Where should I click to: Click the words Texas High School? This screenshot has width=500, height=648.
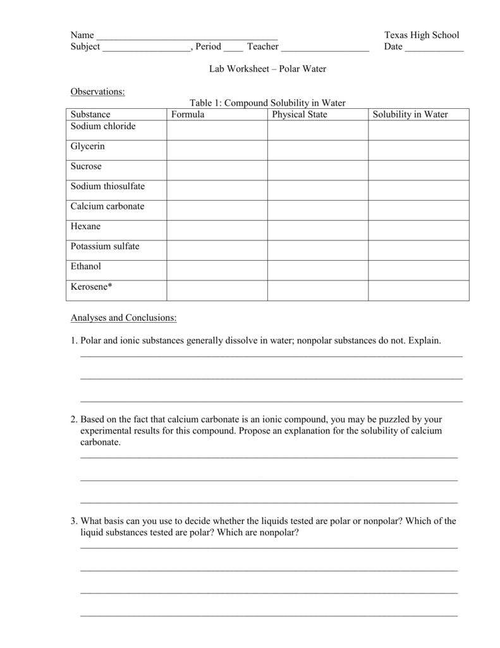(422, 35)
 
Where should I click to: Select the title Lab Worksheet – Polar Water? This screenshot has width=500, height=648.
(268, 68)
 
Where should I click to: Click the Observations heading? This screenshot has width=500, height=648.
(97, 92)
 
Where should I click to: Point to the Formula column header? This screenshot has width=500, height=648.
(188, 115)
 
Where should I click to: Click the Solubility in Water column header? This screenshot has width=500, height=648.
(410, 115)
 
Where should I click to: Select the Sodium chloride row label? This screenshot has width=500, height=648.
(103, 126)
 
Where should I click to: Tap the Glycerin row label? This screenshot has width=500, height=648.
(88, 146)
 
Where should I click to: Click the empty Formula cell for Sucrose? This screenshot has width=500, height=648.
(217, 170)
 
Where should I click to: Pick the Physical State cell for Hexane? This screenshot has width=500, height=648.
(317, 230)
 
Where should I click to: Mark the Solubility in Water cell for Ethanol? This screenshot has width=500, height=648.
(418, 270)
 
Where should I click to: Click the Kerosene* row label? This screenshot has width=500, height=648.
(92, 287)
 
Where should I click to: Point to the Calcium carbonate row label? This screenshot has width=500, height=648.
(107, 206)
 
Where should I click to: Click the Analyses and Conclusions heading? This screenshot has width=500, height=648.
(123, 317)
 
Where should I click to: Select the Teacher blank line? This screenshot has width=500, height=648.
(325, 48)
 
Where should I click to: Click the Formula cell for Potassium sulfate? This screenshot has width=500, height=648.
(217, 250)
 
